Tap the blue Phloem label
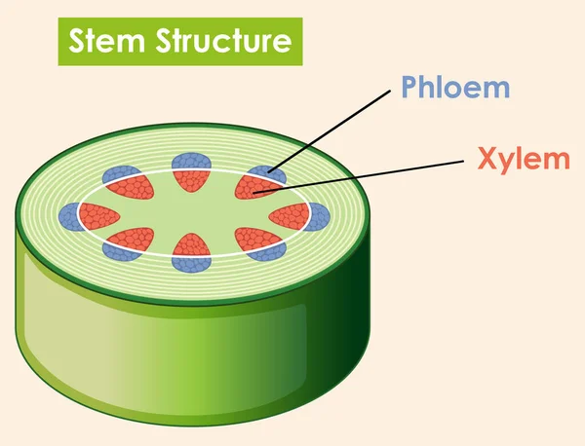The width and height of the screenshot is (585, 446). (454, 88)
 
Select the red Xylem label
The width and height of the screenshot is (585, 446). (525, 159)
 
